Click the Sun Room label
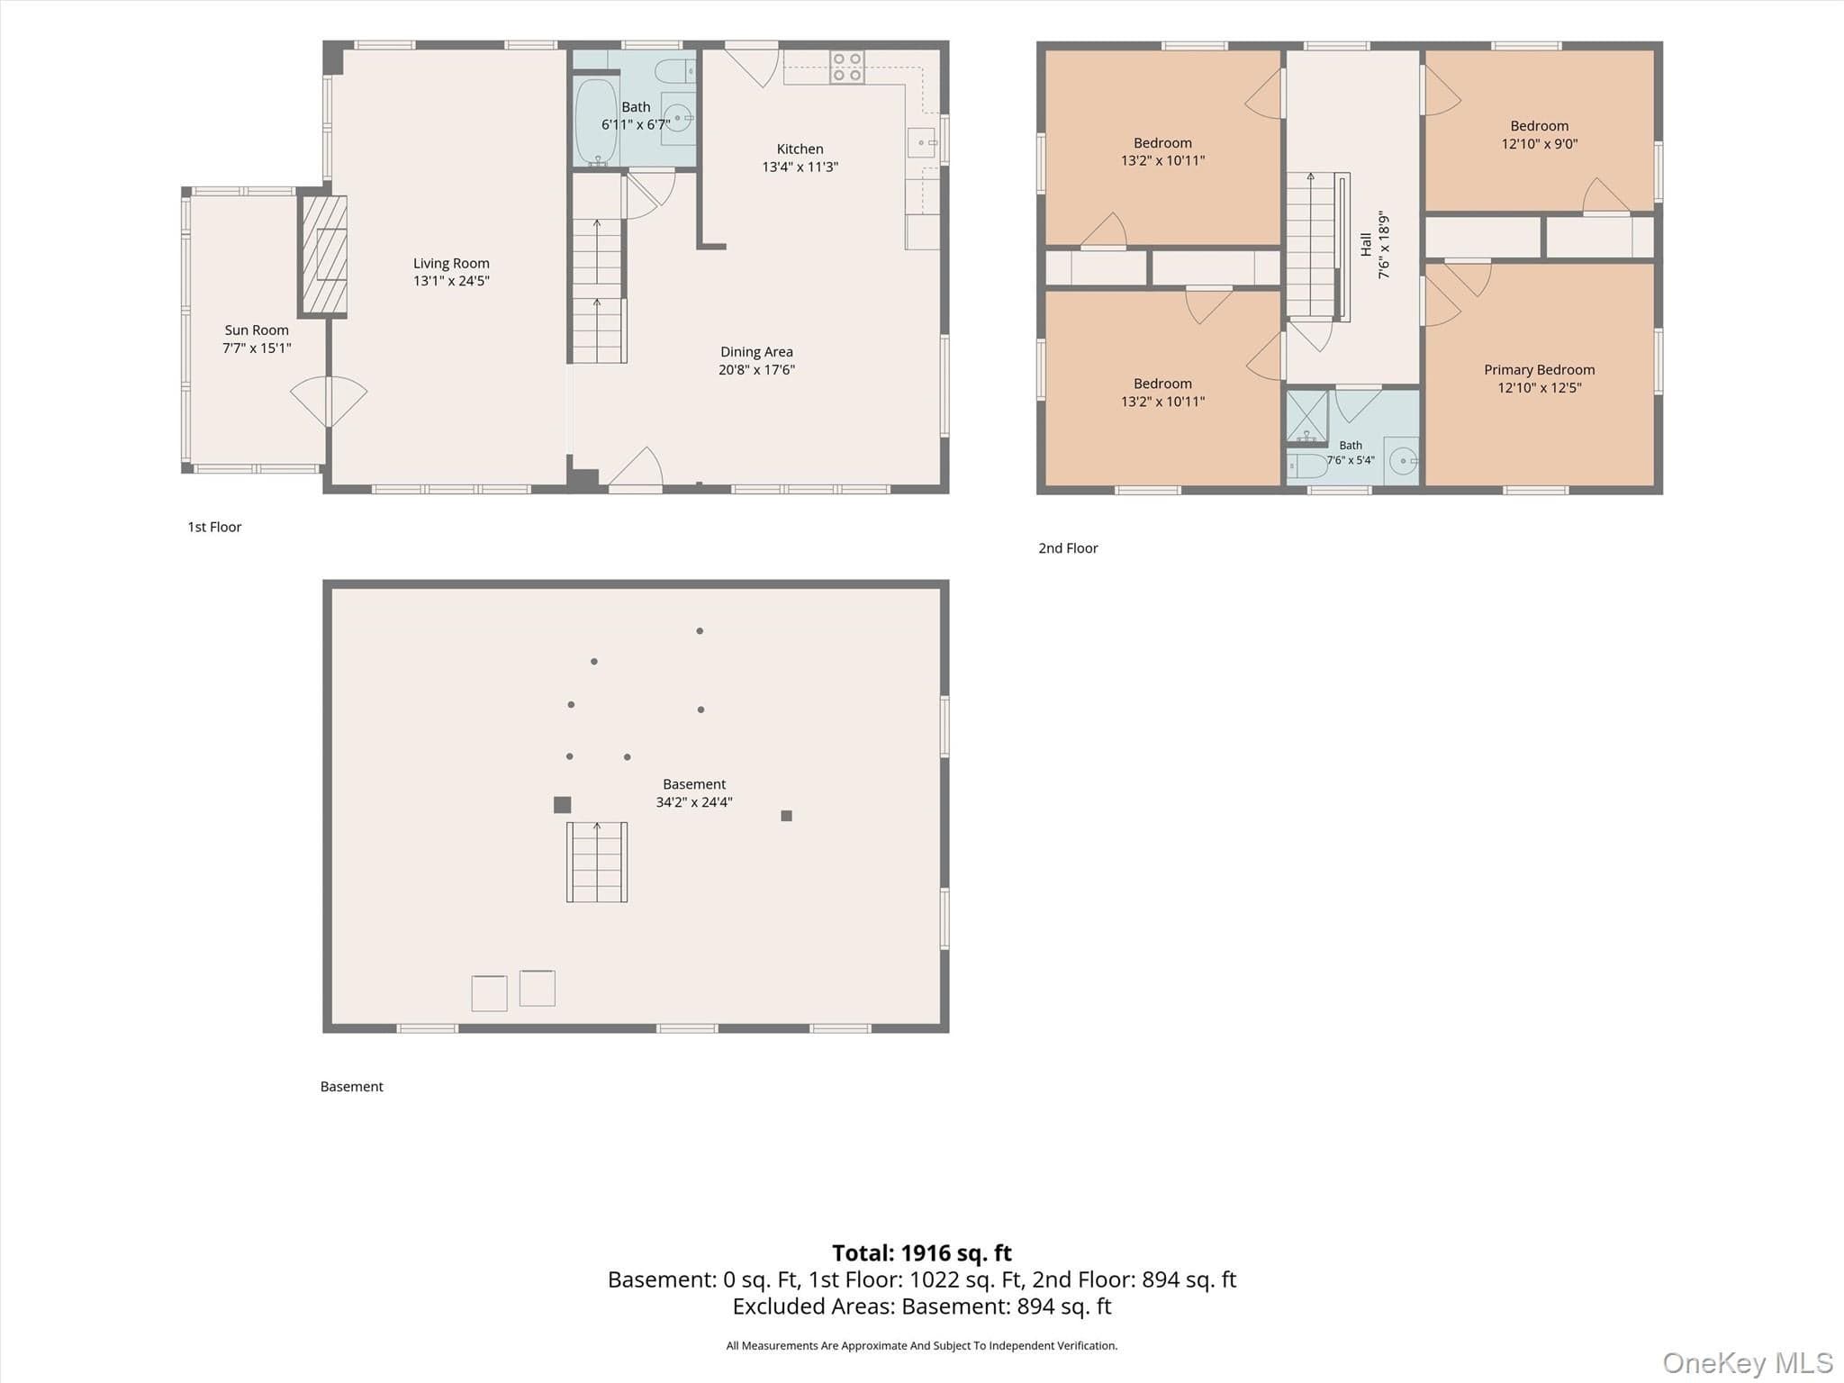257,330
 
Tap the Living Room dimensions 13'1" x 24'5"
451,281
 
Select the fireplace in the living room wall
323,255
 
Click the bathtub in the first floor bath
596,122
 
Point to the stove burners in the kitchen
846,67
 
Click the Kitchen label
800,149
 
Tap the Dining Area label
756,352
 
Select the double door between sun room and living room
329,401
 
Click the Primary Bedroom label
1540,370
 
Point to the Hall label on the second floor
1366,244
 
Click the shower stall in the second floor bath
1307,417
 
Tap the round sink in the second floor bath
1403,461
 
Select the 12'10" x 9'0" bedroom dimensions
1540,144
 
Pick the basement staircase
597,862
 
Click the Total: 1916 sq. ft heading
922,1252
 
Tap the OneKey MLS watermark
1748,1362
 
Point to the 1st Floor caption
214,528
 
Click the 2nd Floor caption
1068,548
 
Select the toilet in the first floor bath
674,70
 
